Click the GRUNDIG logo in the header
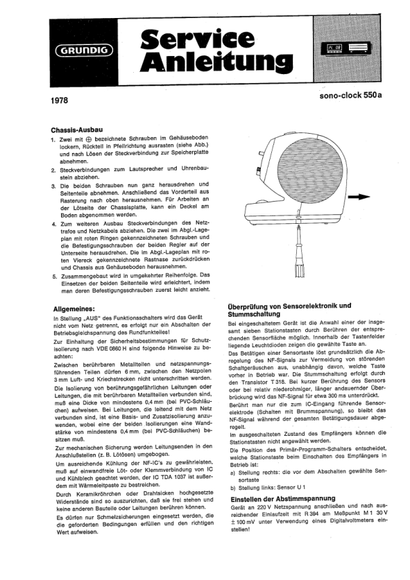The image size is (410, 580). [85, 50]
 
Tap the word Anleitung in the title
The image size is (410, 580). [216, 62]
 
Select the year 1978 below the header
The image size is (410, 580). [59, 100]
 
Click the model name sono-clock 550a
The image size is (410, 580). [350, 95]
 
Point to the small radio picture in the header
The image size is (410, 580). [348, 48]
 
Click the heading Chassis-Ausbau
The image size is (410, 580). [77, 130]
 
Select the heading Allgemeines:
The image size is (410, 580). [74, 308]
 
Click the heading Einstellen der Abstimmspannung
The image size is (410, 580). [282, 498]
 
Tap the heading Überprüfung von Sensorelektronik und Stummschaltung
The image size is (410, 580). [289, 310]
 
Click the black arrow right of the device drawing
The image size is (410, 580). [359, 197]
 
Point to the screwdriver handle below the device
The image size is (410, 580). [299, 267]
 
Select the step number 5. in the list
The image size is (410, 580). [54, 276]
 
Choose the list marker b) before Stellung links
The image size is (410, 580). [232, 488]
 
